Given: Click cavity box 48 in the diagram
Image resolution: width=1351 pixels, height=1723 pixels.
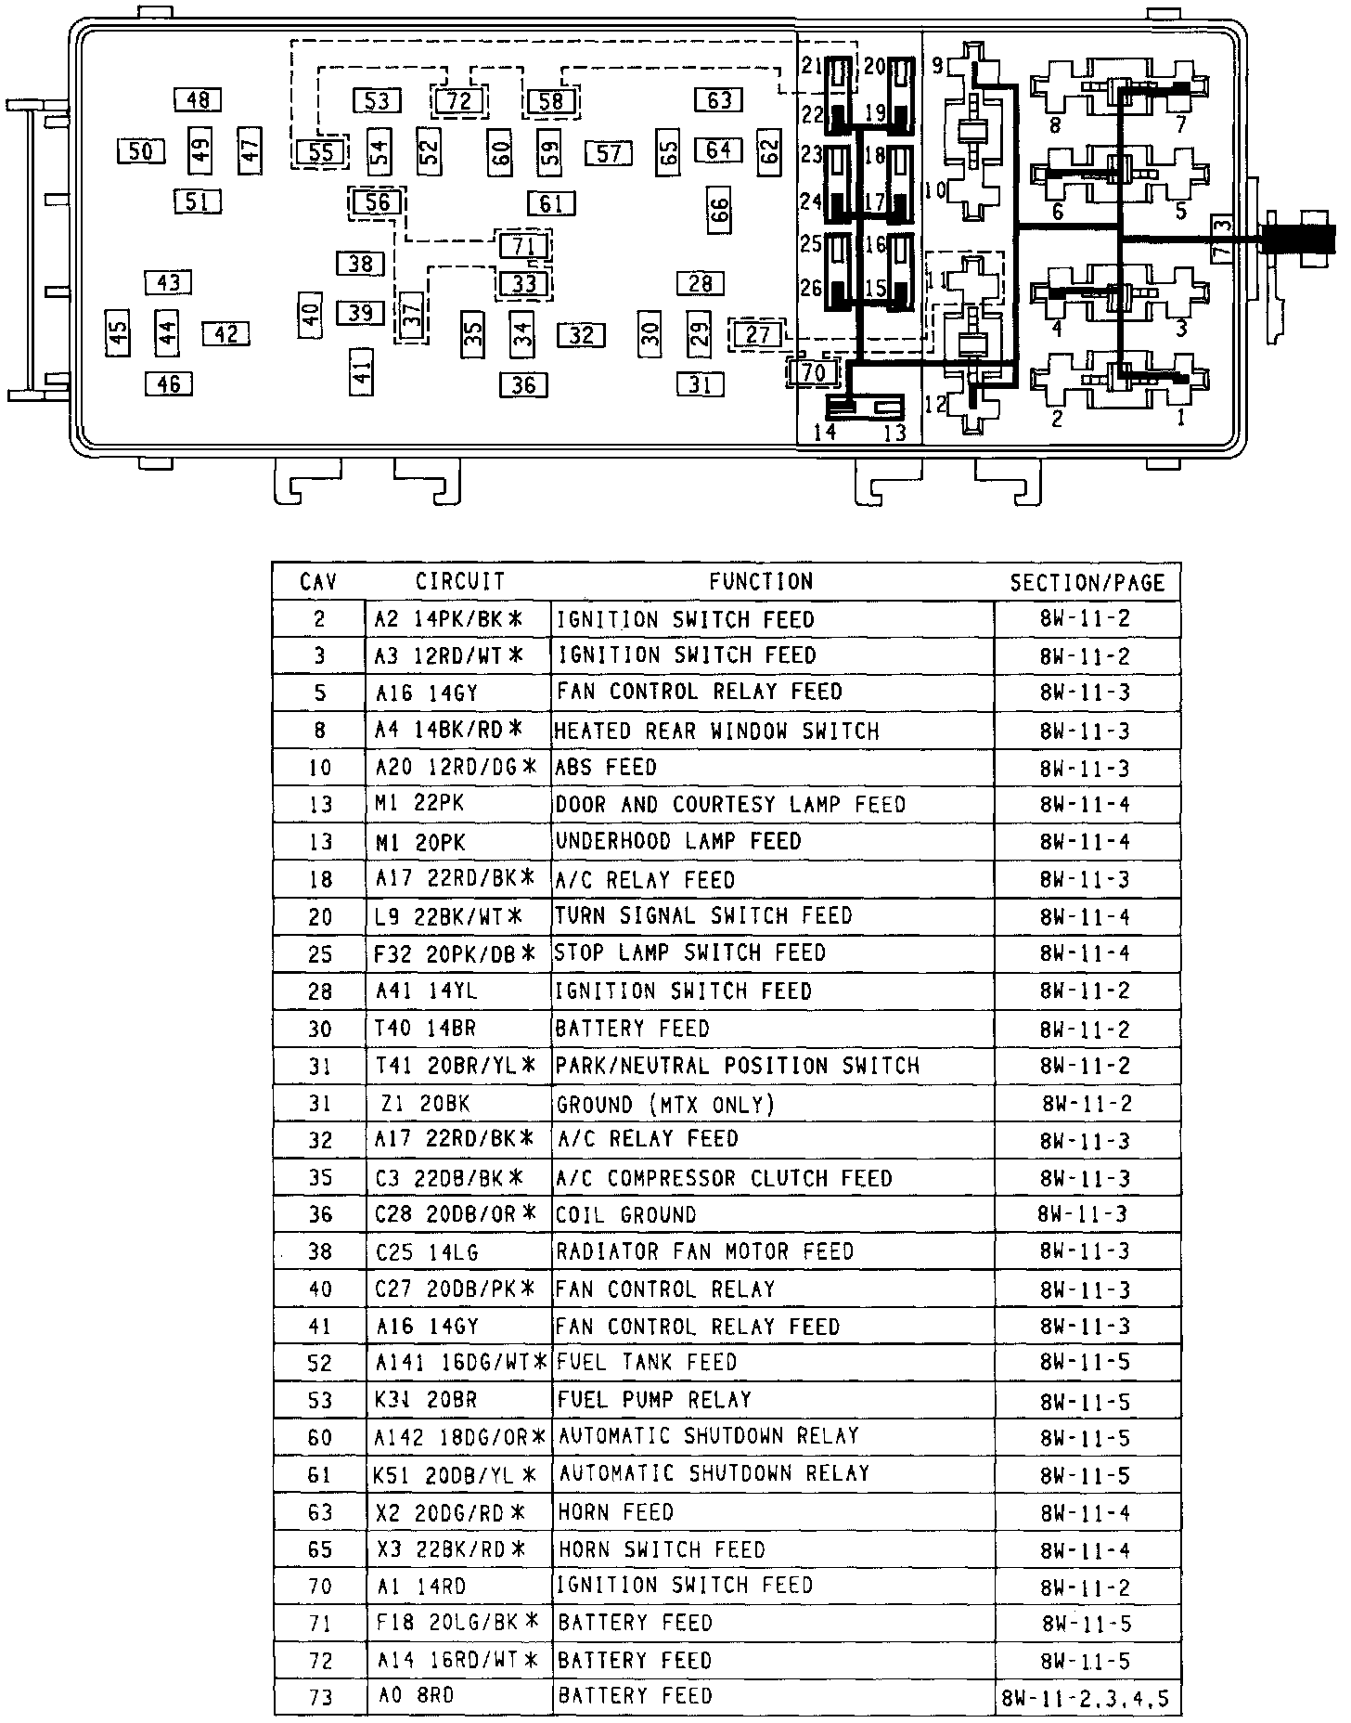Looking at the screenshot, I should pyautogui.click(x=198, y=99).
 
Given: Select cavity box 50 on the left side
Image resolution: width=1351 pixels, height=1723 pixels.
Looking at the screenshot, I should pyautogui.click(x=141, y=150).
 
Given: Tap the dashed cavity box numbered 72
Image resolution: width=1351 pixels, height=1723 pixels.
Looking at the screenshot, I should pyautogui.click(x=458, y=100).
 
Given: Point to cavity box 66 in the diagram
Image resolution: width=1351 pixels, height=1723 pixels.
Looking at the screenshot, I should pyautogui.click(x=719, y=211).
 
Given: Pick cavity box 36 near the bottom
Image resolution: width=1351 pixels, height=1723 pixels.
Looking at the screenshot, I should pyautogui.click(x=523, y=383).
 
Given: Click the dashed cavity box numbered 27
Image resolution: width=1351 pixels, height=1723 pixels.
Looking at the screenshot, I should pyautogui.click(x=757, y=334).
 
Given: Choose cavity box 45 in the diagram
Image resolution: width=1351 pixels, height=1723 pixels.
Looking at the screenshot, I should pyautogui.click(x=118, y=333).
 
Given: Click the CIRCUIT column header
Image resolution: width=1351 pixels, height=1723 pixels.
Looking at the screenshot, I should pyautogui.click(x=459, y=581).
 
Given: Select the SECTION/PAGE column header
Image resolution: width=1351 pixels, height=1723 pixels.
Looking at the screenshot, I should pyautogui.click(x=1087, y=582).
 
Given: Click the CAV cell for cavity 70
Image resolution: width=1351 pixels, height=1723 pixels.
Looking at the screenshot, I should pyautogui.click(x=319, y=1587).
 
